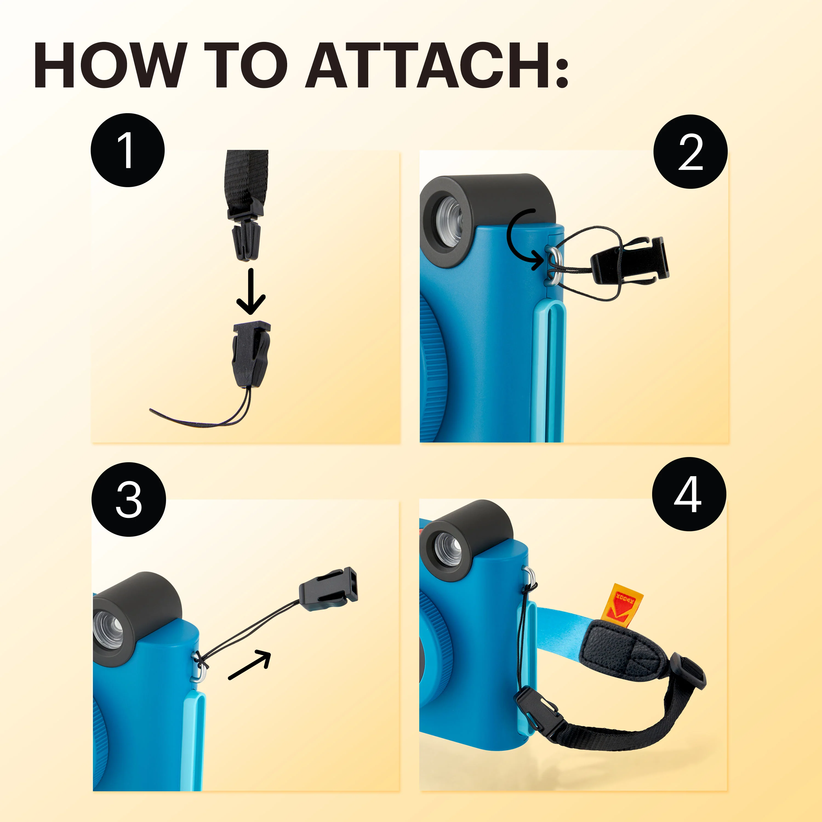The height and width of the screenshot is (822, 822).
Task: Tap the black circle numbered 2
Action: (x=690, y=152)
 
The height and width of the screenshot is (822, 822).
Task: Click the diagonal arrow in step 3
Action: (x=250, y=664)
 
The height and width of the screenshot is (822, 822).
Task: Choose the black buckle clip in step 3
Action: (x=329, y=590)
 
